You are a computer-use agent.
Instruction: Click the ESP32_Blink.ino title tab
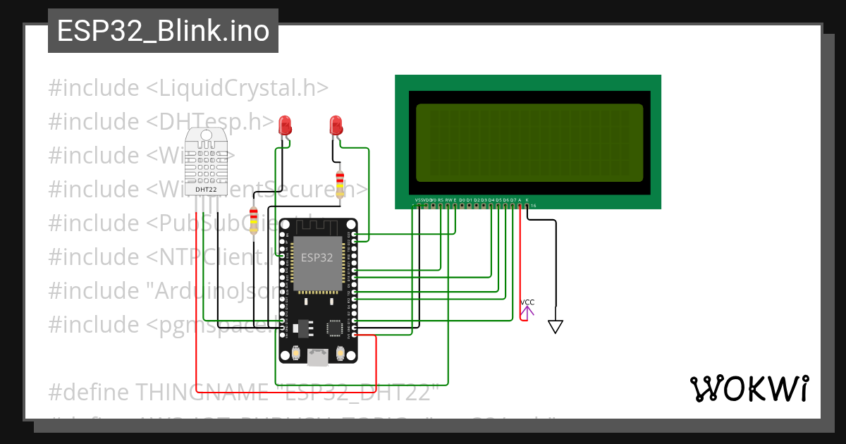[163, 31]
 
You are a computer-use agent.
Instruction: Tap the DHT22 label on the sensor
[206, 189]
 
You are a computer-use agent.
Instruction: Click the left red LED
[285, 125]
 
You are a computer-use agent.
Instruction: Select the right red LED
[336, 125]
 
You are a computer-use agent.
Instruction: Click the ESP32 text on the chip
[317, 258]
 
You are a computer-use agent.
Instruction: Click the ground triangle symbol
[556, 326]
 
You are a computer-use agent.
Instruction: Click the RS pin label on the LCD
[441, 200]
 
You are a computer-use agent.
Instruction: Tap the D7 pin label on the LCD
[513, 200]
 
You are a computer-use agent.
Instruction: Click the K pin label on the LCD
[527, 200]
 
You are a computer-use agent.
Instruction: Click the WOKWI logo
[749, 388]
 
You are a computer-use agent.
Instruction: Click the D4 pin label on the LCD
[491, 200]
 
